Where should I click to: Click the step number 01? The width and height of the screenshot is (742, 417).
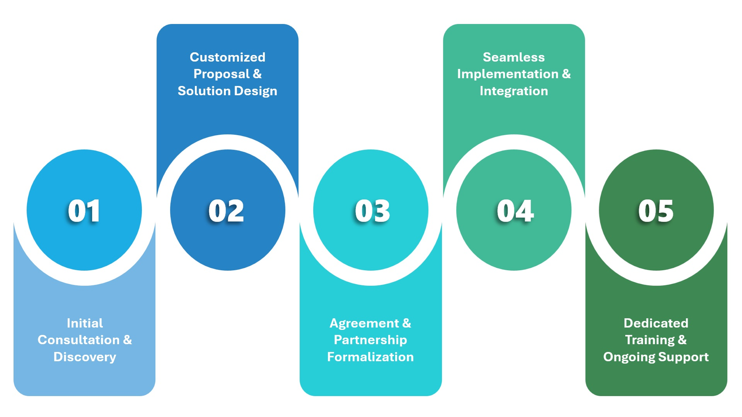click(x=84, y=211)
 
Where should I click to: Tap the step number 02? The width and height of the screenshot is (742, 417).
click(x=226, y=211)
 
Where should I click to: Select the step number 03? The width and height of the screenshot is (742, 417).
click(x=372, y=211)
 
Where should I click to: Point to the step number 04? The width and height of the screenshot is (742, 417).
click(x=515, y=211)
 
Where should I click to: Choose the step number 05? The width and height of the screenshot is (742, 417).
click(x=656, y=211)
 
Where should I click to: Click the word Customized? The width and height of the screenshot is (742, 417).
click(x=227, y=57)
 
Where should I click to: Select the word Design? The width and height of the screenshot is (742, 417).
click(x=256, y=91)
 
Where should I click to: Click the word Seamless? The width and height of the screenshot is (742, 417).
click(x=513, y=57)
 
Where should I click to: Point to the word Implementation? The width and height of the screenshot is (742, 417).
click(x=508, y=74)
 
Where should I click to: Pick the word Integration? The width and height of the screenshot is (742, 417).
click(x=513, y=91)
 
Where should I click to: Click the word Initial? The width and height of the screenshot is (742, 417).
click(x=84, y=323)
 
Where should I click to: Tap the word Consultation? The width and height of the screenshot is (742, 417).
click(x=78, y=340)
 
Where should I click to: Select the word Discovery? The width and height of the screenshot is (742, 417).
click(x=84, y=357)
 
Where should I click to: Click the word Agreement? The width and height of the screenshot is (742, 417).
click(x=364, y=323)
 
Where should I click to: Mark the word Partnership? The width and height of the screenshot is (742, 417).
click(x=370, y=340)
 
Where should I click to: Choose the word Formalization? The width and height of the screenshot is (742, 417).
click(x=370, y=357)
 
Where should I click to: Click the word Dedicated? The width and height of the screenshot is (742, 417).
click(x=656, y=323)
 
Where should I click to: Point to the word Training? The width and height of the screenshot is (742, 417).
click(x=649, y=340)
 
